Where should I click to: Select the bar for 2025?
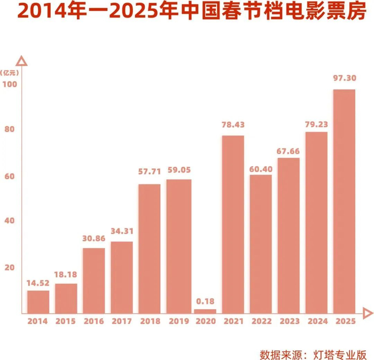pos(344,201)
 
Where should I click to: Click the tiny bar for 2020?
pos(205,311)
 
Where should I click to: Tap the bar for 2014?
pos(38,302)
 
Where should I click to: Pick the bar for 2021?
pos(233,224)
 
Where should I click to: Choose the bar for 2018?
pos(150,249)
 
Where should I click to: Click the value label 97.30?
pos(345,78)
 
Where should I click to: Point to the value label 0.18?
pos(205,301)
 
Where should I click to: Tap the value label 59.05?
pos(179,170)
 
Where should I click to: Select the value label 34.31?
pos(122,231)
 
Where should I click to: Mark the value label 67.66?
pos(288,151)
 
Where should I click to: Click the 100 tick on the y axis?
pos(10,84)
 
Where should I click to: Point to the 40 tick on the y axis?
pos(10,221)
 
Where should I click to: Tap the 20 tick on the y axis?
pos(10,268)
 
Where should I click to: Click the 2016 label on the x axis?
pos(93,321)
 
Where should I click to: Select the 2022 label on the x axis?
pos(261,321)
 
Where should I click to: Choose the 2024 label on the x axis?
pos(318,321)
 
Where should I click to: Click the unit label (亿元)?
pos(9,73)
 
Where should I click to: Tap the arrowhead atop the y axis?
pos(21,61)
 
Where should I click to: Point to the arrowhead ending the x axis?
pos(368,314)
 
